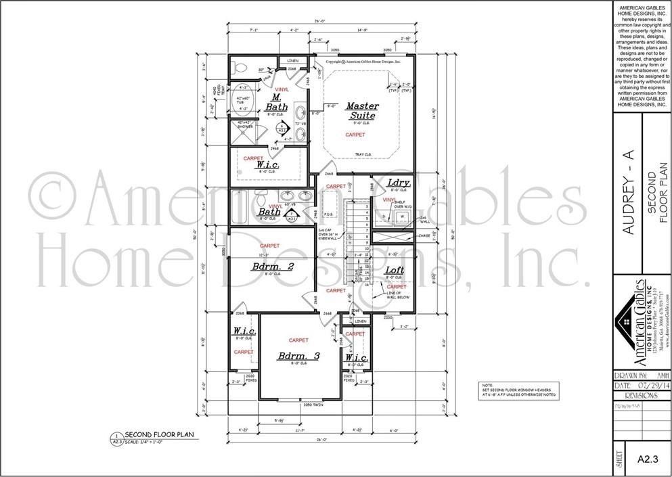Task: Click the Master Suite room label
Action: [363, 110]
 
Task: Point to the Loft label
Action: [395, 271]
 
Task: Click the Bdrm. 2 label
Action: [272, 267]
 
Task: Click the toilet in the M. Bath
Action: [237, 67]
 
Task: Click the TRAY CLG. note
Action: [363, 154]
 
